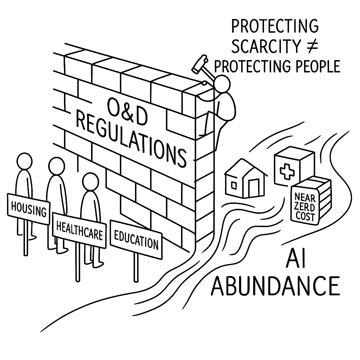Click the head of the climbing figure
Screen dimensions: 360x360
click(x=222, y=84)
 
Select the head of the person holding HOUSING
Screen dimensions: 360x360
click(x=25, y=162)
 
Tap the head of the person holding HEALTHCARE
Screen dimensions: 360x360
click(x=57, y=166)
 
